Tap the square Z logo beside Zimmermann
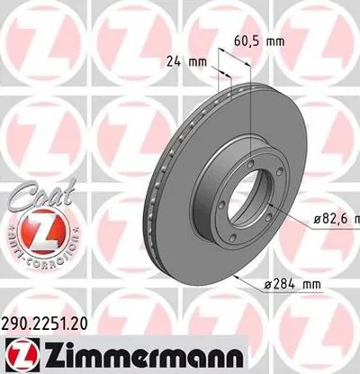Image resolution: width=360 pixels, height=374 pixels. [x=17, y=353]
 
